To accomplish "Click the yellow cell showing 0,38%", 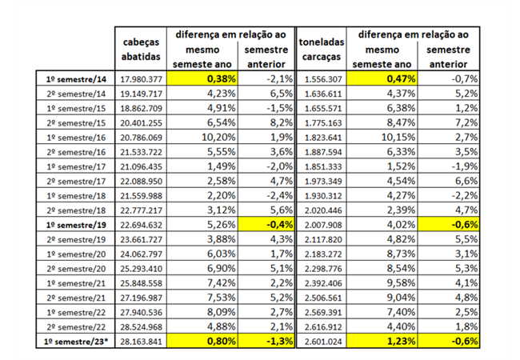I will click(206, 79).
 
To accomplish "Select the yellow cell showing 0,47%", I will click(386, 79).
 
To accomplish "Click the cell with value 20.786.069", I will click(142, 137).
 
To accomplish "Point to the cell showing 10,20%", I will click(206, 137).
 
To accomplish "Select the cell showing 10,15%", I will click(386, 137).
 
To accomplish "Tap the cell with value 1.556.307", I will click(321, 79).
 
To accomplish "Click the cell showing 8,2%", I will click(267, 122).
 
